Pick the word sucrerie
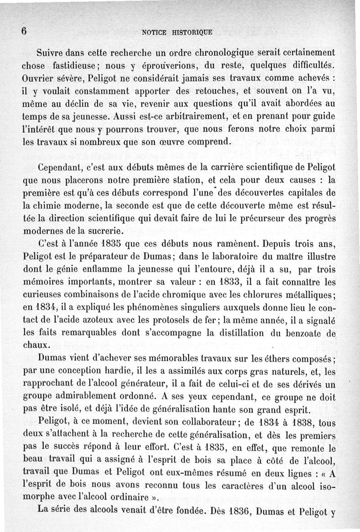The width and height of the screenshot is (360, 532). (102, 232)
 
